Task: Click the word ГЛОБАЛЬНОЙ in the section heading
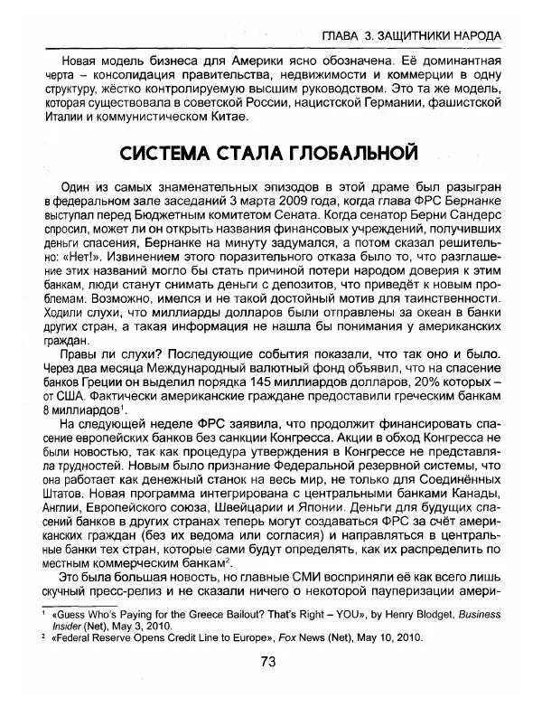point(352,148)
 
